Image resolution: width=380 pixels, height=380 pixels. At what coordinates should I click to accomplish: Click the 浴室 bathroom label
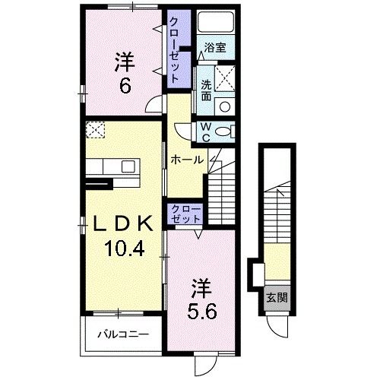215,47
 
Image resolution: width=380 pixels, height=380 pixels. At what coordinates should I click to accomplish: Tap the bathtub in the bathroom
216,21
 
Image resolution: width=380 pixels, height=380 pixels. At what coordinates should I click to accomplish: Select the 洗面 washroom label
206,90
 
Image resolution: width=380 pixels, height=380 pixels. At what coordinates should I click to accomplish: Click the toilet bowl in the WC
223,131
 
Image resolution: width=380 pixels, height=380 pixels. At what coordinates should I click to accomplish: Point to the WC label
207,132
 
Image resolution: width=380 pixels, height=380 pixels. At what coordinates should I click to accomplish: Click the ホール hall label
187,160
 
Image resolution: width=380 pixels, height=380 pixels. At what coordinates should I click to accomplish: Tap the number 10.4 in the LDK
124,249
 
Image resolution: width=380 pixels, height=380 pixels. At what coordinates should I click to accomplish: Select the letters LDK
123,223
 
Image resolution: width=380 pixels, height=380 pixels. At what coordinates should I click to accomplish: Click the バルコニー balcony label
123,334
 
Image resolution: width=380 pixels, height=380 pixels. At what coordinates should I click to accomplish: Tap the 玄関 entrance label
277,298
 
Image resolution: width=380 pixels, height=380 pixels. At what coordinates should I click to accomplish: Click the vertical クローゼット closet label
174,50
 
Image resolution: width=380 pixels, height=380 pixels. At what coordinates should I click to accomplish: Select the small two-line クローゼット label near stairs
185,214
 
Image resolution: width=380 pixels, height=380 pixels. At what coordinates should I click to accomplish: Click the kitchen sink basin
128,166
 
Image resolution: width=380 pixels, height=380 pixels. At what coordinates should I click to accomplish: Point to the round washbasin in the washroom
225,106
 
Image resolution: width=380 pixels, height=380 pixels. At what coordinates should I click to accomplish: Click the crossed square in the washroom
225,78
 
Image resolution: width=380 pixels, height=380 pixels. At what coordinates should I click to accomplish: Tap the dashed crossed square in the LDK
95,130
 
